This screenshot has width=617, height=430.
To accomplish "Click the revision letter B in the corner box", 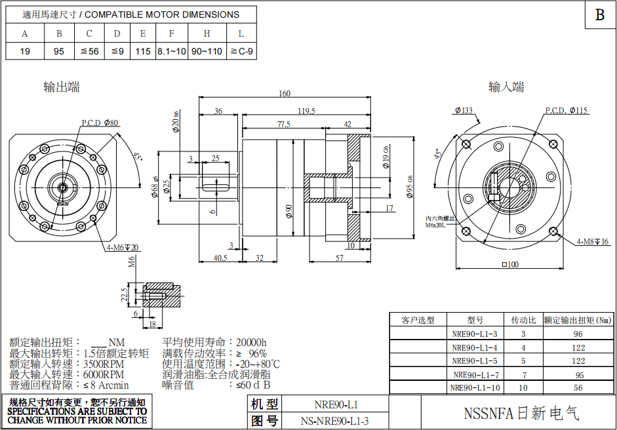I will pos(599,15).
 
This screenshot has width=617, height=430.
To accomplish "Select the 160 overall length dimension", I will pos(284,94).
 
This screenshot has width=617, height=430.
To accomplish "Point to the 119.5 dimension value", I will pos(306,111).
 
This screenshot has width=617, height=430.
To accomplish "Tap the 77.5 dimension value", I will pos(283,124).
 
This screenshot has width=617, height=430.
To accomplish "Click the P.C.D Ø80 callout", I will pos(100,123).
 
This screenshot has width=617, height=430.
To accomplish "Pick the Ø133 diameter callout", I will pos(463,111).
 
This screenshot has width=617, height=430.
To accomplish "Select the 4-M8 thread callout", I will pos(592,242).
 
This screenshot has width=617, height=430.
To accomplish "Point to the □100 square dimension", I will pos(509,264).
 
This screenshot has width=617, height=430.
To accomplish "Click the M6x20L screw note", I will pos(435,225).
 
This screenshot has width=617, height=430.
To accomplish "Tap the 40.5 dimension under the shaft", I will pos(220,258).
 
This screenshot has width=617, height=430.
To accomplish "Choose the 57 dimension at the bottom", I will pos(339,258).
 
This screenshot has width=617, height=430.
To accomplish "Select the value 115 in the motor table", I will pos(143,51).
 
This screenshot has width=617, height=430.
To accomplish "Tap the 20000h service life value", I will pos(250,342).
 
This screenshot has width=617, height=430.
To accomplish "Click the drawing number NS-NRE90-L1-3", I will pos(335,421).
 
